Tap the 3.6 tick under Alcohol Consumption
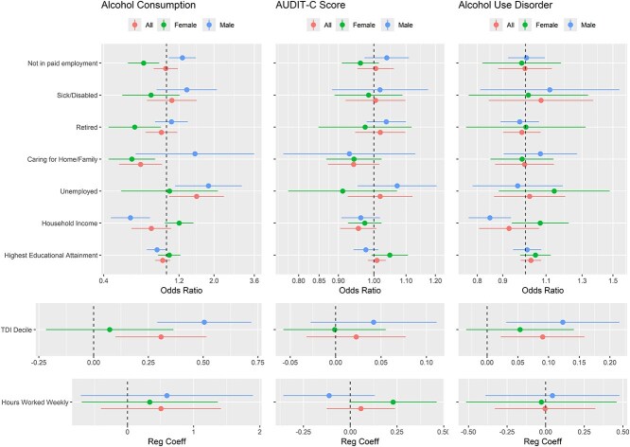point(254,281)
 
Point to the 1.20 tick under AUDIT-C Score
point(434,281)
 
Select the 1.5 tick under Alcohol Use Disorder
point(614,281)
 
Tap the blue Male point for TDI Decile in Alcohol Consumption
point(204,322)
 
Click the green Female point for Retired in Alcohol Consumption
point(134,127)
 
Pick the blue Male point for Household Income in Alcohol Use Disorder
point(490,218)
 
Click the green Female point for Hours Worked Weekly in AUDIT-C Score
point(394,402)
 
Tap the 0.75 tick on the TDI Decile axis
point(257,361)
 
